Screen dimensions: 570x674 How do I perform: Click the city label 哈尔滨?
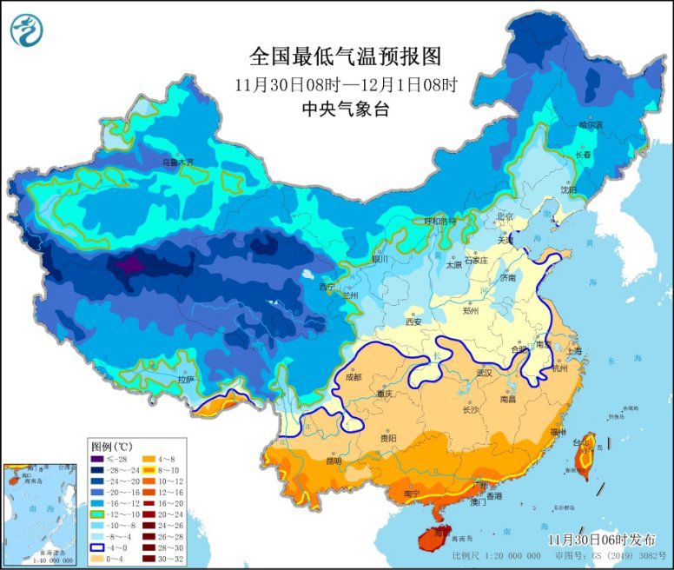591,125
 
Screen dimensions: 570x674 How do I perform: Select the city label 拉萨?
185,380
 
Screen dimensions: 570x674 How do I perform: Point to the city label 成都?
352,377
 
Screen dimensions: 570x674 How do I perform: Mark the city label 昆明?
334,461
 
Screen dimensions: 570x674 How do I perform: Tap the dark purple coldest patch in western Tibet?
130,265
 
